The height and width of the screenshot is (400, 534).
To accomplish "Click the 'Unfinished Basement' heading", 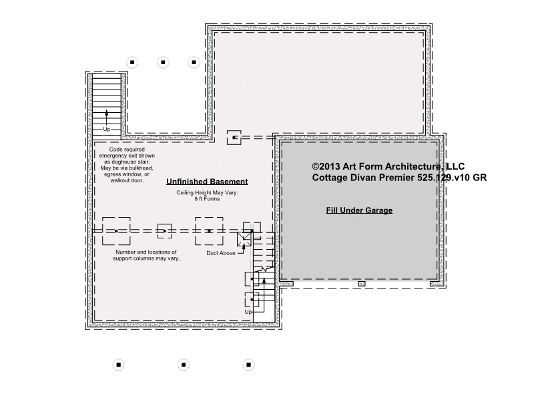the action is pos(207,182).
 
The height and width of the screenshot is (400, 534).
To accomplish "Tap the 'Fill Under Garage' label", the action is pos(359,210).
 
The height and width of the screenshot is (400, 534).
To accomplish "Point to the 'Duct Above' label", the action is pos(221,253).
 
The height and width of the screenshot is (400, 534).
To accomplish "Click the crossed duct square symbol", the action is pos(244,239).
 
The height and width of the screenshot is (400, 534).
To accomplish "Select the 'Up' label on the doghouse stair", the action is pos(107,130).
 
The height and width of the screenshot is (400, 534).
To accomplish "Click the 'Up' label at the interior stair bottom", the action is pos(248,312).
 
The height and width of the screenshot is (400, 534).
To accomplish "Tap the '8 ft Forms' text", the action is pos(207,199).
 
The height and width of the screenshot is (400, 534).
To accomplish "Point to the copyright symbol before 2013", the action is pos(316,166).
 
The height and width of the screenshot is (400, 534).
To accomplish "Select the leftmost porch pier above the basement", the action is pos(132,62).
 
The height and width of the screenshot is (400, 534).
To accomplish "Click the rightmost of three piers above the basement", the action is pos(194,62).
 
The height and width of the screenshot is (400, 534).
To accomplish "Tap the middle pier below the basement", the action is pos(184,365).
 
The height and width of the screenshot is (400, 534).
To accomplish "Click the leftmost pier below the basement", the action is pos(119,365).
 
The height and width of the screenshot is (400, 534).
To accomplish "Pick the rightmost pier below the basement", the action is pos(248,365).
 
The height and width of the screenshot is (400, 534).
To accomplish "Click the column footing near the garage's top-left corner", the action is pos(234,138).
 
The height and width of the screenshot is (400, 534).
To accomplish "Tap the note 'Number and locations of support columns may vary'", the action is pos(146,255).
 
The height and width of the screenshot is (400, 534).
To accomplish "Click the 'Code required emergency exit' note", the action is pos(127,165).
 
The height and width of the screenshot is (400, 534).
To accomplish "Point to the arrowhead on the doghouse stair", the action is pos(107,113).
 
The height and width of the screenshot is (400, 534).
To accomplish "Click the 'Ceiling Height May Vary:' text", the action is pos(207,192).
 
